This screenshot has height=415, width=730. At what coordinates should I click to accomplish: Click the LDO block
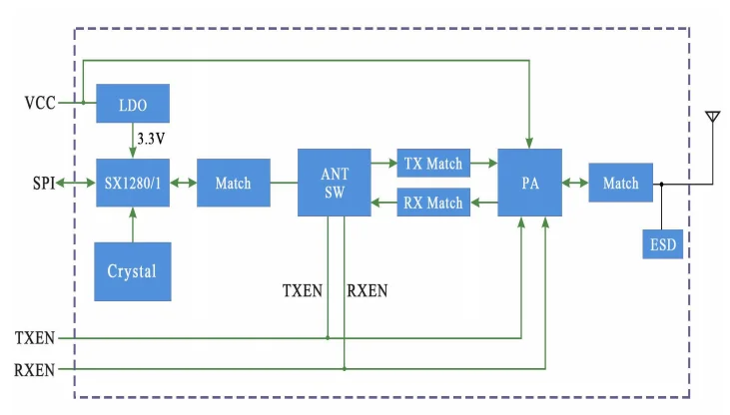(x=133, y=103)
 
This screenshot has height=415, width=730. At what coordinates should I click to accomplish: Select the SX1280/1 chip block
(x=133, y=183)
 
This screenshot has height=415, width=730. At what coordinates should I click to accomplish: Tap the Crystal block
(x=133, y=270)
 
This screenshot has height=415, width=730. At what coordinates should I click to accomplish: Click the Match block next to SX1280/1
(x=233, y=183)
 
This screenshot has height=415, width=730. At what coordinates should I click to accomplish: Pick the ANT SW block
(x=335, y=182)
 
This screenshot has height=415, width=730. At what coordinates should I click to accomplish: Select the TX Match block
(x=431, y=163)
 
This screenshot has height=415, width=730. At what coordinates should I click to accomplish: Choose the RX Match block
(x=431, y=203)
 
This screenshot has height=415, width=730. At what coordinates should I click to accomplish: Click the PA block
(x=530, y=183)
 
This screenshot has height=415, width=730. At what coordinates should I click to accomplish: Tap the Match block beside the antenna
(x=621, y=183)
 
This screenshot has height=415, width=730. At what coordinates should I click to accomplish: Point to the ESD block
(x=661, y=242)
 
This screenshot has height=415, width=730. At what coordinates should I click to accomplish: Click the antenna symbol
(x=712, y=119)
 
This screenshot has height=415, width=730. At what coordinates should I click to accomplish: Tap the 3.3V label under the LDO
(x=151, y=139)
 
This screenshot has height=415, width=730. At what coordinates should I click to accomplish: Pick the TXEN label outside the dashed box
(x=35, y=338)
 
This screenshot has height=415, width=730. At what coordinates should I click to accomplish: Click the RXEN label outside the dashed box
(x=35, y=369)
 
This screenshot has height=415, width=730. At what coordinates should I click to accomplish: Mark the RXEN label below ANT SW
(x=366, y=291)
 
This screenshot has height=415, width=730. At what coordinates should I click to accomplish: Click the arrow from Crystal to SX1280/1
(x=133, y=224)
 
